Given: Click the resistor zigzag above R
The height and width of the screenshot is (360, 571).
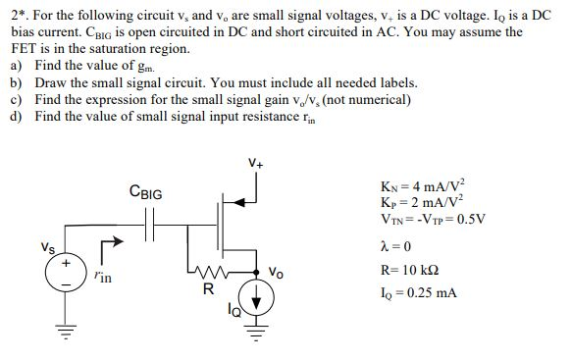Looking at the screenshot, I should [x=208, y=272].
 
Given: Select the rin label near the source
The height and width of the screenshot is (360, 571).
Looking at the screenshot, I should [x=103, y=280].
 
